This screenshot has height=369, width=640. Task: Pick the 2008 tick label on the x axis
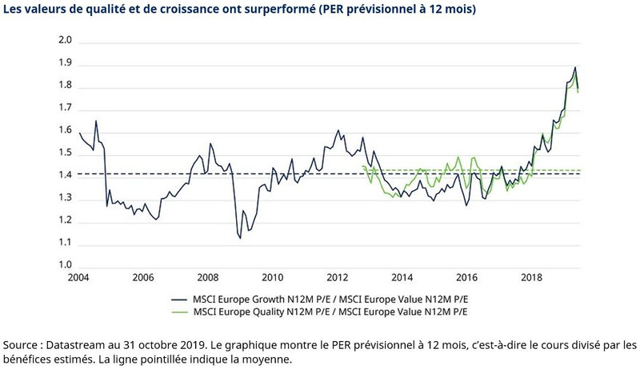point(207,278)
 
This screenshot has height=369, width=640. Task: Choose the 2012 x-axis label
point(337,278)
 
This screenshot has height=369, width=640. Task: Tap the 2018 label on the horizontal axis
point(531,278)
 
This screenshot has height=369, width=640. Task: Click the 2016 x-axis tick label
point(466,278)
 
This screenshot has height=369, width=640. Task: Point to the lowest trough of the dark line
point(239,237)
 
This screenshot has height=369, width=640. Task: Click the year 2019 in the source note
point(195,344)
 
